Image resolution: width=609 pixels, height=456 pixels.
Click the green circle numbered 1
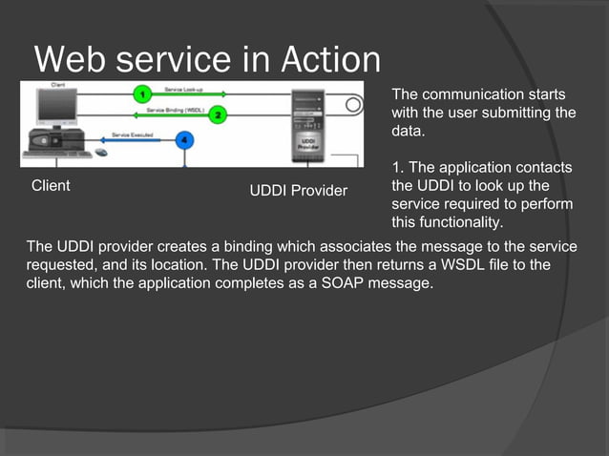[x=141, y=94]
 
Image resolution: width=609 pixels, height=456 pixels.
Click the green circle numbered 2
[x=218, y=115]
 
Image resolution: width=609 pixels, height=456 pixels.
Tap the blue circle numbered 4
[x=185, y=140]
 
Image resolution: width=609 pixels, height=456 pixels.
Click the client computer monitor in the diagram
[x=55, y=106]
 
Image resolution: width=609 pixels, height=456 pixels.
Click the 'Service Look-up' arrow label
[x=182, y=89]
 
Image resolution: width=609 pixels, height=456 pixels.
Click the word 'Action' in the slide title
[x=330, y=60]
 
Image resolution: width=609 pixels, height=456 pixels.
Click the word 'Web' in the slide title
[x=71, y=60]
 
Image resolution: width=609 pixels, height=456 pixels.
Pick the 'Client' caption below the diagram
[x=51, y=185]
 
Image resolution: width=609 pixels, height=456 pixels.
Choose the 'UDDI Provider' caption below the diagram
[x=298, y=191]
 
